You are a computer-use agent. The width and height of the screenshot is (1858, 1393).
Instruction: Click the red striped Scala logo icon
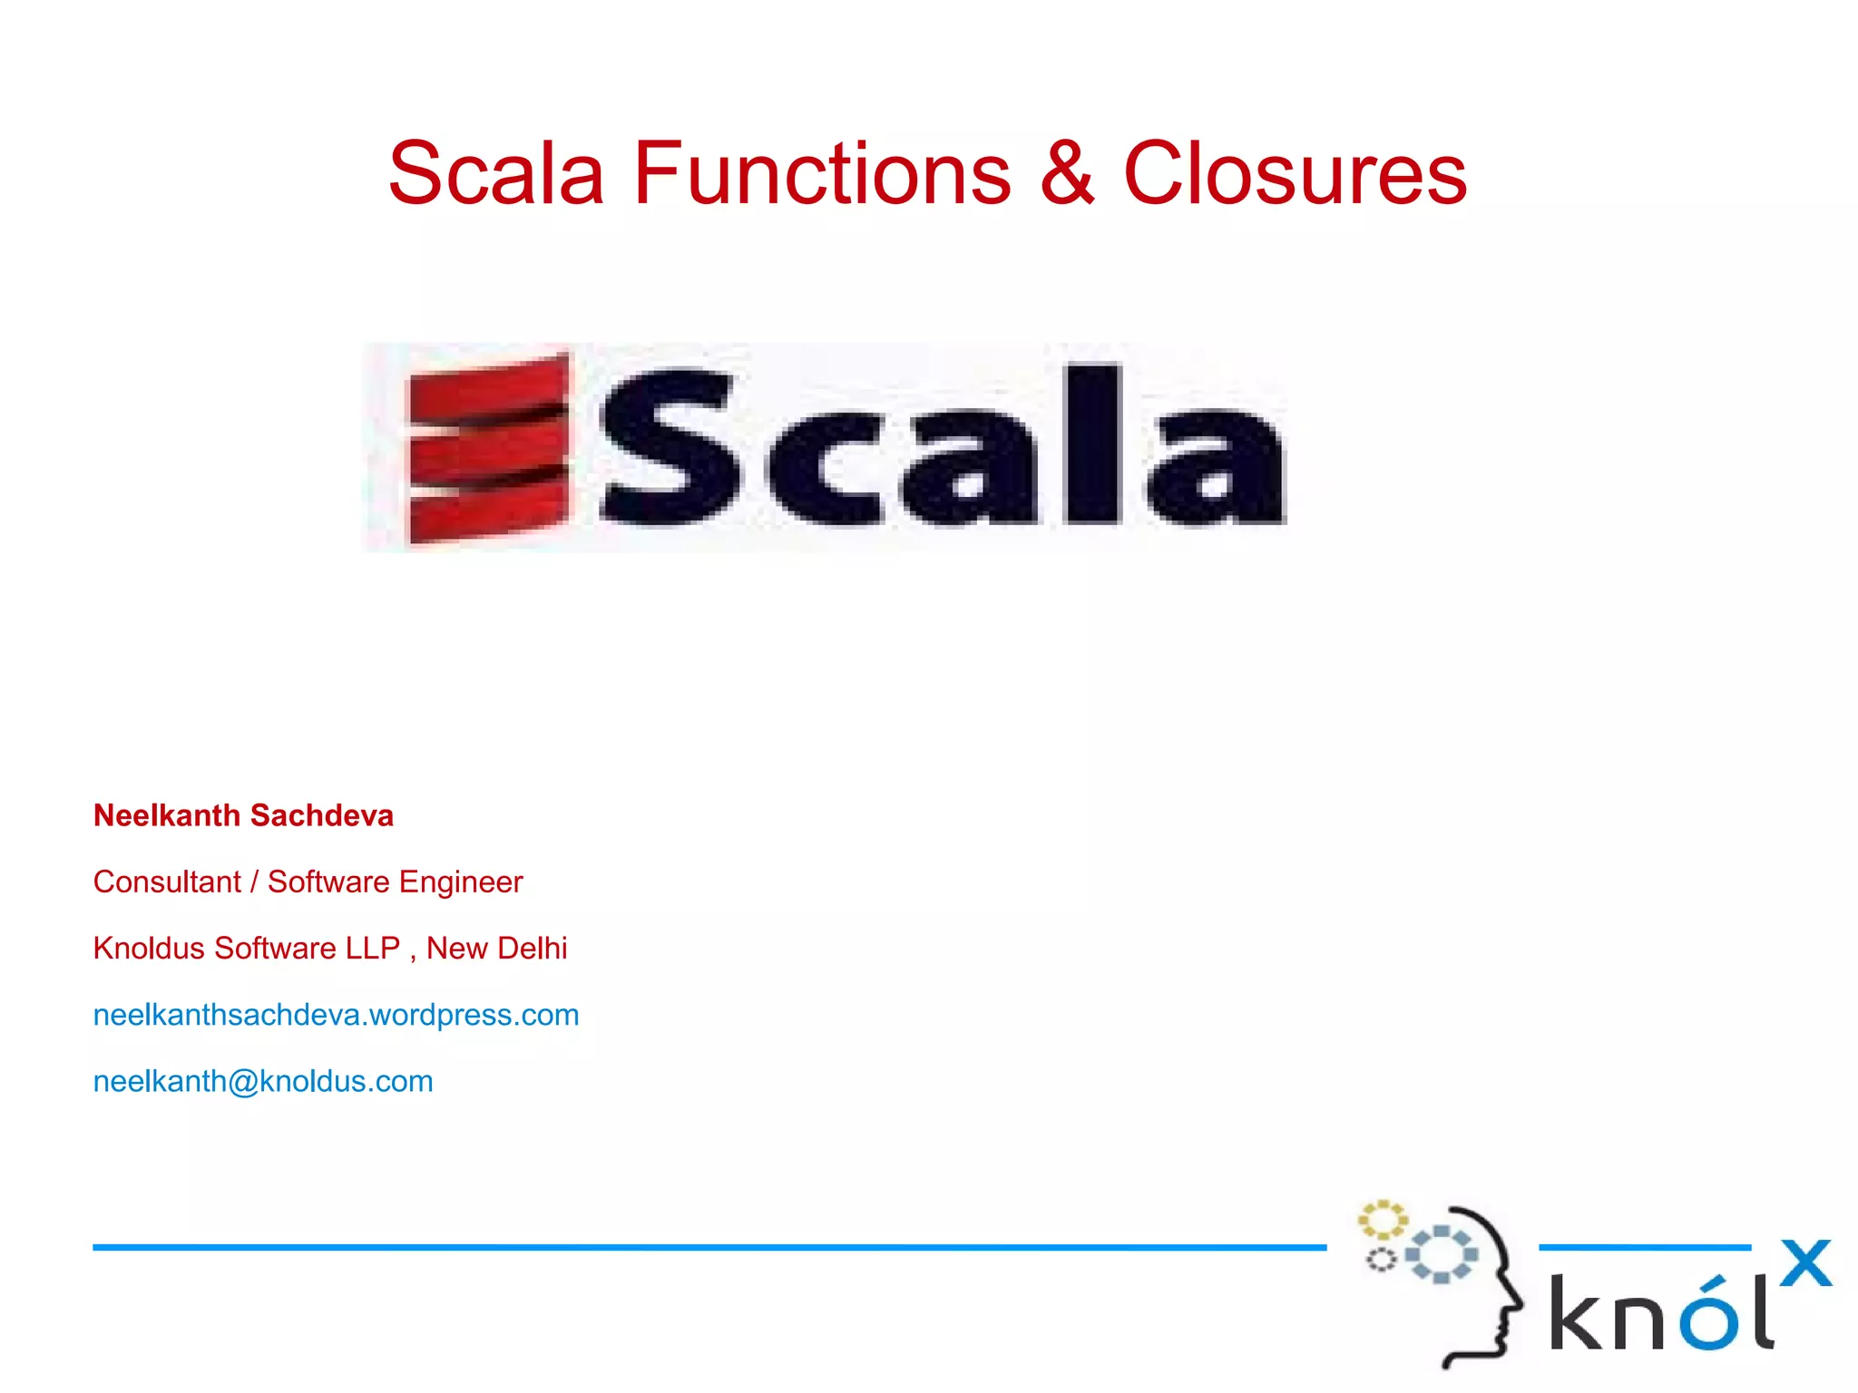click(x=489, y=448)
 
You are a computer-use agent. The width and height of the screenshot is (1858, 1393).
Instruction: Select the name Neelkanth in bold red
click(x=166, y=815)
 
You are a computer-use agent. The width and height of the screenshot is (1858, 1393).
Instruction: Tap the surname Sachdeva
click(x=321, y=815)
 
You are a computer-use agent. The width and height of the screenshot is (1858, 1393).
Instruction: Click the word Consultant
click(x=167, y=882)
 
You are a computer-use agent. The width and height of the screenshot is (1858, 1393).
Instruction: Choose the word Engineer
click(x=461, y=882)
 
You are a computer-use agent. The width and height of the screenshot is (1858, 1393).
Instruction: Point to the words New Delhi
click(x=496, y=948)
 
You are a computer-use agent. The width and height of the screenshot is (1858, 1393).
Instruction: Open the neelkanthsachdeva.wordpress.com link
click(x=336, y=1015)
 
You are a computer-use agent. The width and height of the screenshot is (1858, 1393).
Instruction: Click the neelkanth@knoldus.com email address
click(x=263, y=1081)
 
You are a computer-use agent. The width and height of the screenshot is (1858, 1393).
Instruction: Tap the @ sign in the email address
click(x=243, y=1082)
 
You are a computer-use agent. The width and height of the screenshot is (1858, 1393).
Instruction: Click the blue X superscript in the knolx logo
click(x=1805, y=1263)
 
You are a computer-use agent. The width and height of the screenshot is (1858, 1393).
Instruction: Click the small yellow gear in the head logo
click(x=1382, y=1220)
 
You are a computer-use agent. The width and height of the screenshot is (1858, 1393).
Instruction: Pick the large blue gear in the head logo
click(x=1441, y=1254)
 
